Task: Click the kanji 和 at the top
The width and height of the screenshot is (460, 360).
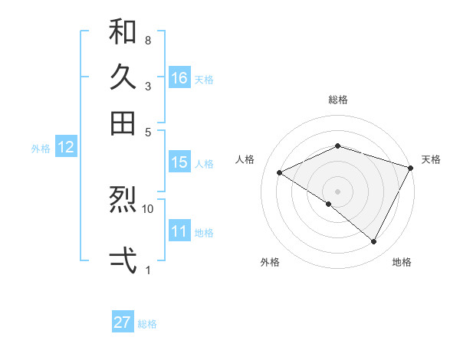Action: click(x=123, y=32)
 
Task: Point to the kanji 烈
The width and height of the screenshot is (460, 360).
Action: click(x=123, y=201)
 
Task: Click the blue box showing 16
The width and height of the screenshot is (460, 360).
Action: click(x=179, y=77)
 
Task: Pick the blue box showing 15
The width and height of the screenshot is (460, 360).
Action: click(x=179, y=162)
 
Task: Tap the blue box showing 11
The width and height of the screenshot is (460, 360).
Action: click(x=179, y=231)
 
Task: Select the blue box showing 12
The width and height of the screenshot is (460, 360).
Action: click(x=66, y=148)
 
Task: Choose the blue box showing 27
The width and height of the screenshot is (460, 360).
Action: click(x=123, y=322)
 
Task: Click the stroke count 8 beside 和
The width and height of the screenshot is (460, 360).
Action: click(x=148, y=40)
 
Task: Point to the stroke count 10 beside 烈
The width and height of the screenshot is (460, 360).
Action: click(x=148, y=208)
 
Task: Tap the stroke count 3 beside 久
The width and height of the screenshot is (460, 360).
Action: click(x=148, y=86)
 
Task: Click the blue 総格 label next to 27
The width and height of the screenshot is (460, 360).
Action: click(x=147, y=324)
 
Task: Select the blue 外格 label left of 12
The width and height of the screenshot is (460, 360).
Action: click(x=41, y=149)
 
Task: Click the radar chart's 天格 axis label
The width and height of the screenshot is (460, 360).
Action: click(x=431, y=159)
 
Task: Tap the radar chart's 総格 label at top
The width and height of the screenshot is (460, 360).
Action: click(x=338, y=100)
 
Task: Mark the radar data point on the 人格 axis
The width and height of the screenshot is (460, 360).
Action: click(x=280, y=173)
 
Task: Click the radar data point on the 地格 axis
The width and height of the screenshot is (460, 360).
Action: click(x=374, y=242)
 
